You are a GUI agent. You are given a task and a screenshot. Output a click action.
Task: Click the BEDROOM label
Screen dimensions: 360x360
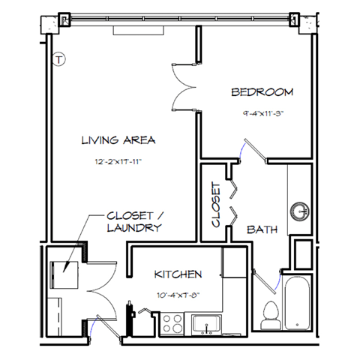click(x=262, y=92)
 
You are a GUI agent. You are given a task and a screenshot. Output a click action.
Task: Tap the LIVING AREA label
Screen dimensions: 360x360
click(x=118, y=139)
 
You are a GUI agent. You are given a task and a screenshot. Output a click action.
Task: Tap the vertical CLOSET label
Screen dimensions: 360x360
click(x=216, y=204)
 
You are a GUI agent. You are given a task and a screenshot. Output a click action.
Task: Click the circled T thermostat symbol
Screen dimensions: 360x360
click(x=60, y=58)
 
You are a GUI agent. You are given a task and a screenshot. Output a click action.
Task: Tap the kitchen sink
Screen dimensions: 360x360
click(x=204, y=325)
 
